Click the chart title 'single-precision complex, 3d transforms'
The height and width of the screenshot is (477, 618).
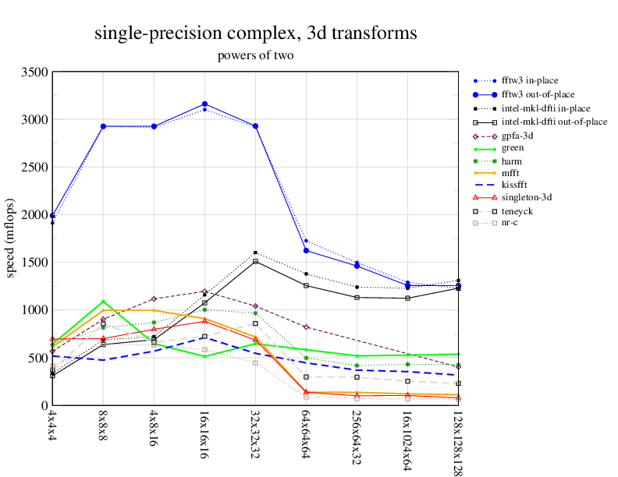pos(255,34)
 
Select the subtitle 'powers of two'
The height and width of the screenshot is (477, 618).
pos(255,55)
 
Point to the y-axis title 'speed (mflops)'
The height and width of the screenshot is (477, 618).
pos(12,238)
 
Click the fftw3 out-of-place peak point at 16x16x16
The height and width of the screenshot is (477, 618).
pos(204,104)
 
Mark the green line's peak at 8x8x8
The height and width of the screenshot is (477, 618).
pos(103,302)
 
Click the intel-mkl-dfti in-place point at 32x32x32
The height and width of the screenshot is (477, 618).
pos(255,253)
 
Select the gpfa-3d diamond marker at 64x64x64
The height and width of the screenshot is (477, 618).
pos(306,327)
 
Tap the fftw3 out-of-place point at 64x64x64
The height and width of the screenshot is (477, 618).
pos(306,250)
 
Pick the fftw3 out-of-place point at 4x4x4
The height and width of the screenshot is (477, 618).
pos(52,216)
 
